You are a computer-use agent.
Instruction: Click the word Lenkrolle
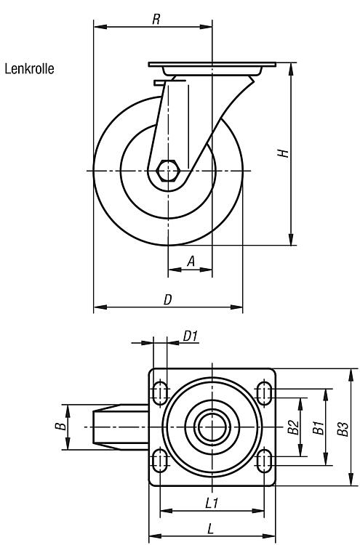(30, 69)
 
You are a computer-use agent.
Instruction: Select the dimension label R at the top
(156, 20)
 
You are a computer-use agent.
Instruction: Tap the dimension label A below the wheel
(191, 261)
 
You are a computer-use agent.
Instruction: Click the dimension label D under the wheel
(168, 299)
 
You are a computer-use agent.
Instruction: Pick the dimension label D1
(191, 336)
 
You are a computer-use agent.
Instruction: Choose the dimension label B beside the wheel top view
(61, 426)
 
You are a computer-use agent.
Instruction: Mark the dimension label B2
(294, 427)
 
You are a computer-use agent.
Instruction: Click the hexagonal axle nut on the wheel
(168, 171)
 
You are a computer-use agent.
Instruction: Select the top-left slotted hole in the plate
(160, 393)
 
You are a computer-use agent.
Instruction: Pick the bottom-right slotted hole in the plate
(264, 461)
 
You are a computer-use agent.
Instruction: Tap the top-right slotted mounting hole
(264, 393)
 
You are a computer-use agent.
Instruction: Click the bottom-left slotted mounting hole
(160, 461)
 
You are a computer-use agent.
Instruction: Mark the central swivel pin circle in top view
(212, 427)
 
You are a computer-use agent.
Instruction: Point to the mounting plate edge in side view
(212, 65)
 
